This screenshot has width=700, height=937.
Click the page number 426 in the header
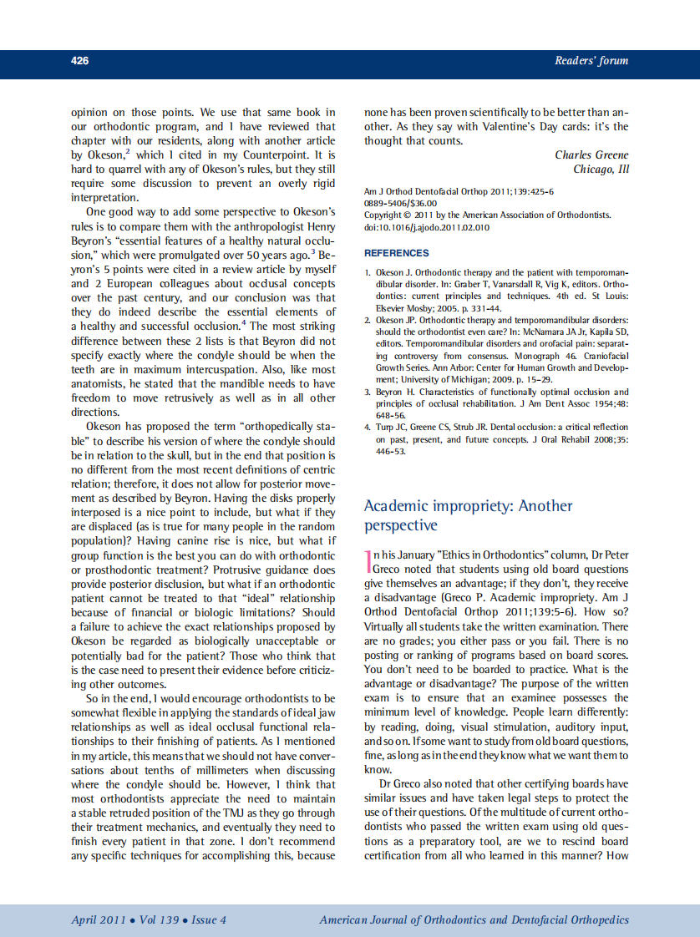[80, 61]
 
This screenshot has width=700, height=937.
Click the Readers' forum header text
[591, 61]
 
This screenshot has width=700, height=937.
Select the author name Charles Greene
[591, 155]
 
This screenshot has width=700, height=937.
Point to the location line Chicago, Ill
[601, 170]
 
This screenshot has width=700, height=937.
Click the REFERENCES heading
[397, 253]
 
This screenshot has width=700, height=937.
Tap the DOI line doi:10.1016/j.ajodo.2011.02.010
[427, 227]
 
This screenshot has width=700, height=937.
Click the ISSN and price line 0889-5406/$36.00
[400, 203]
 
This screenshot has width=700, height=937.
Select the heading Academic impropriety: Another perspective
[468, 515]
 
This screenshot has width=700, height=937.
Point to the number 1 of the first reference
[368, 273]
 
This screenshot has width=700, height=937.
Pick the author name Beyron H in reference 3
[400, 392]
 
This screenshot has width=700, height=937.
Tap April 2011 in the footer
[99, 920]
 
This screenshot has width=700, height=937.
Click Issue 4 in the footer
[209, 920]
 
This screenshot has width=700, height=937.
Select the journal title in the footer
[474, 920]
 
